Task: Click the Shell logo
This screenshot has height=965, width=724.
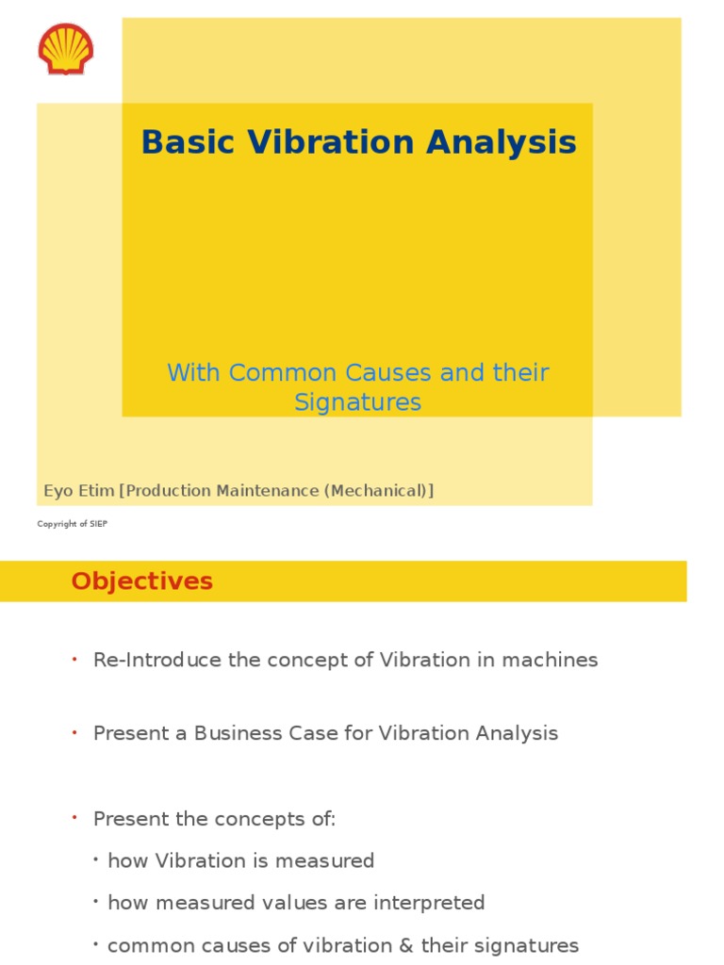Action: coord(66,49)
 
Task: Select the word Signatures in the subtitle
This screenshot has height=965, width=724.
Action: coord(357,402)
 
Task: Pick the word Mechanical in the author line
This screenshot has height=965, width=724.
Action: coord(379,491)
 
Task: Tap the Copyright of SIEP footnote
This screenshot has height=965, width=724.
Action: coord(72,524)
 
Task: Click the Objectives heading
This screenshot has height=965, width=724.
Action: coord(141,581)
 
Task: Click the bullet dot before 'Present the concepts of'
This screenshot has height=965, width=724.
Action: coord(74,818)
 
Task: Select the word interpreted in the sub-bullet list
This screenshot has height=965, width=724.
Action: coord(431,903)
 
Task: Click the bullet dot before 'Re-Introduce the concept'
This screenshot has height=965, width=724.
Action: coord(74,659)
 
